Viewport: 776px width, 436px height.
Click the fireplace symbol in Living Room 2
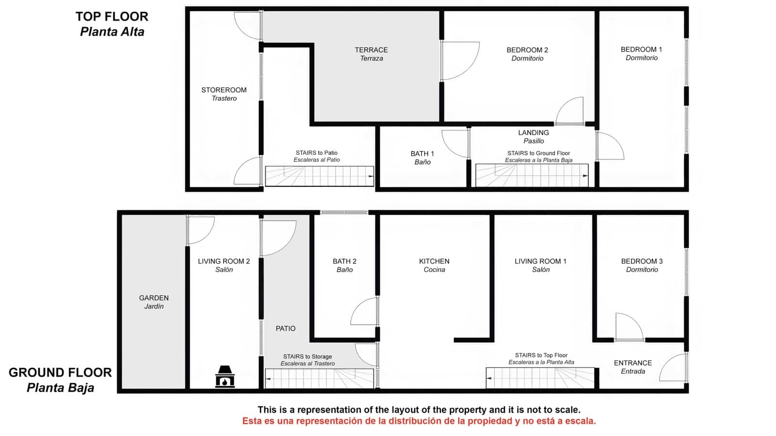[x=225, y=376]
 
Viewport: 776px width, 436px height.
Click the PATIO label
[x=286, y=328]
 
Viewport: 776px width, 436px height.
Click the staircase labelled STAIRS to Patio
[x=319, y=176]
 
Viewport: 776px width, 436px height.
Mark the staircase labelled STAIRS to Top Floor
[x=540, y=378]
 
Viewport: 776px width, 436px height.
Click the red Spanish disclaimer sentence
[x=419, y=421]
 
